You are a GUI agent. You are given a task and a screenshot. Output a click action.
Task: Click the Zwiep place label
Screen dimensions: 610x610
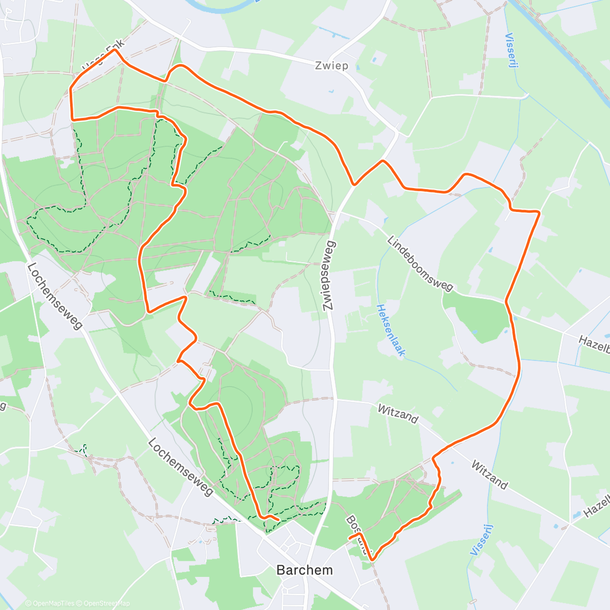(331, 66)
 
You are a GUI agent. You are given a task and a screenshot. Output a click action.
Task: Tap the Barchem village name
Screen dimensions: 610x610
(304, 570)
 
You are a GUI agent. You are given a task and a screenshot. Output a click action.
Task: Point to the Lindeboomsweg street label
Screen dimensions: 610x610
(420, 263)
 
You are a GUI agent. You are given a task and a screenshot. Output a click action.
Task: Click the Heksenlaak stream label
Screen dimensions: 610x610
(390, 330)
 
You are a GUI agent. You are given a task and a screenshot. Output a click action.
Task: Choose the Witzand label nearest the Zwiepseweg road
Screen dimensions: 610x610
(398, 414)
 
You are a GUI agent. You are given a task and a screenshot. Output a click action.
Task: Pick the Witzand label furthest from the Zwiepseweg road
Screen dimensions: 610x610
(489, 474)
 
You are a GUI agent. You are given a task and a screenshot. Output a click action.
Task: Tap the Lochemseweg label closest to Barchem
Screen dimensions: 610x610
(180, 467)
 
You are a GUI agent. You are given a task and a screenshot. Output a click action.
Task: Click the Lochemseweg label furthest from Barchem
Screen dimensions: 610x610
(54, 295)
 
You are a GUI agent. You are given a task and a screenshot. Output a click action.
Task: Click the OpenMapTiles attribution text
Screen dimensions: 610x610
(50, 603)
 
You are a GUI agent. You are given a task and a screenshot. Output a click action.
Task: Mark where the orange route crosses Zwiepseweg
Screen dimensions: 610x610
(354, 184)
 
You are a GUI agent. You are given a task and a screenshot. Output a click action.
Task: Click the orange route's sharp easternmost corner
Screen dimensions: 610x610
(539, 212)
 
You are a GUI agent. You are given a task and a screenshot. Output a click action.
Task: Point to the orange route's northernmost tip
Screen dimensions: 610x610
(115, 50)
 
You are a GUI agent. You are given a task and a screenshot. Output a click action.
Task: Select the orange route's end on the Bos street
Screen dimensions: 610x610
(350, 537)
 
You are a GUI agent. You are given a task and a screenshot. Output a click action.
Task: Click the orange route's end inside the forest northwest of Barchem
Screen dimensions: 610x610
(278, 519)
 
